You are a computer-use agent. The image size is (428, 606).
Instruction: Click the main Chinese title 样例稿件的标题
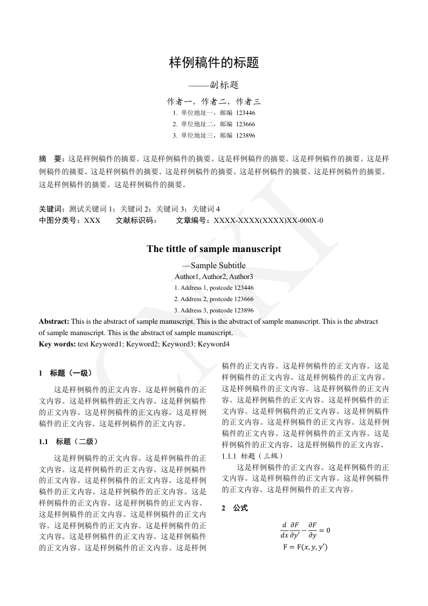(214, 63)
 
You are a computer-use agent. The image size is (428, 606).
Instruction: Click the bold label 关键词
(51, 209)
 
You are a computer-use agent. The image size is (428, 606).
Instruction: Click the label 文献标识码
(136, 220)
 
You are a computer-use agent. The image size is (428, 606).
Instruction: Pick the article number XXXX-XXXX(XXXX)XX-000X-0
(268, 220)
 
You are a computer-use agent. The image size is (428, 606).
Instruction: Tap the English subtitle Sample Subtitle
(218, 265)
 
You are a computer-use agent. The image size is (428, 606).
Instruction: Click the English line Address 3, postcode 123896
(214, 310)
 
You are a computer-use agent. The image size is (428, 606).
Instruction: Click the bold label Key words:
(57, 344)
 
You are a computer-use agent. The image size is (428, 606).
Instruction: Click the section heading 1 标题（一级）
(66, 373)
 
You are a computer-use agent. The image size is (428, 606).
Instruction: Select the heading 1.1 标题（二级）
(68, 441)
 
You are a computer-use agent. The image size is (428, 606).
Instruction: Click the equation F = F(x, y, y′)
(305, 547)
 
